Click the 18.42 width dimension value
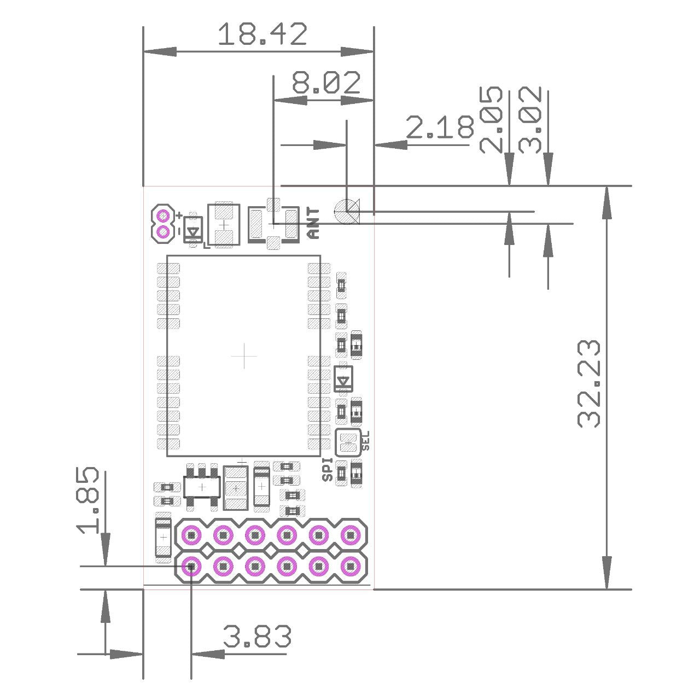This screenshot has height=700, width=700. click(x=262, y=35)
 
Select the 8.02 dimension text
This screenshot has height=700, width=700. click(x=326, y=84)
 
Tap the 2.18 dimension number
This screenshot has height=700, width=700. click(x=440, y=128)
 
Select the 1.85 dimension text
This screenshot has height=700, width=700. click(x=88, y=500)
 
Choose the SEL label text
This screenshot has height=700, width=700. click(x=366, y=441)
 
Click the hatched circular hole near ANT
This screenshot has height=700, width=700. click(x=347, y=211)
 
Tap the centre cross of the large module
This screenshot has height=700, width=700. click(x=244, y=357)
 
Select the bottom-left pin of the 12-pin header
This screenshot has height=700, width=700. click(x=191, y=567)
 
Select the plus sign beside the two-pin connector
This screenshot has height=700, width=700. click(x=179, y=216)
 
